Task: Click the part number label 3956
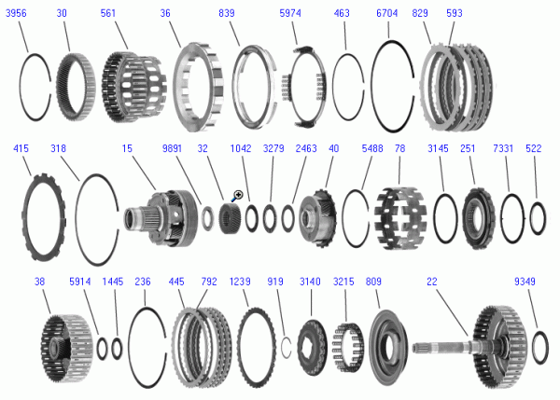click(x=16, y=13)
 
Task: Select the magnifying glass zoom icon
click(x=237, y=195)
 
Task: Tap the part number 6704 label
click(x=386, y=13)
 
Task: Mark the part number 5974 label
click(x=290, y=13)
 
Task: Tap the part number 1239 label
click(x=240, y=282)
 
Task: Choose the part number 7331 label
click(x=503, y=148)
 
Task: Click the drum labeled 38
click(x=67, y=348)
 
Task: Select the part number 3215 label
click(x=343, y=282)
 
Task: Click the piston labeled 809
click(x=387, y=348)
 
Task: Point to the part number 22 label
click(x=432, y=282)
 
